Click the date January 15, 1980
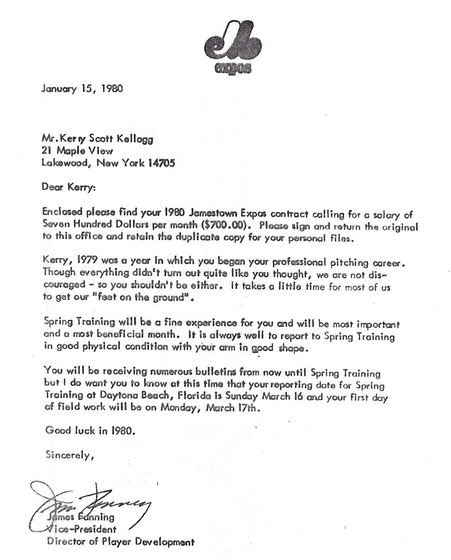click(x=81, y=89)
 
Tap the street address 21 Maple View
click(x=78, y=151)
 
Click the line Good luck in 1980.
click(x=90, y=431)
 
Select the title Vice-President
click(x=83, y=529)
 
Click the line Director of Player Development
click(x=120, y=541)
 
